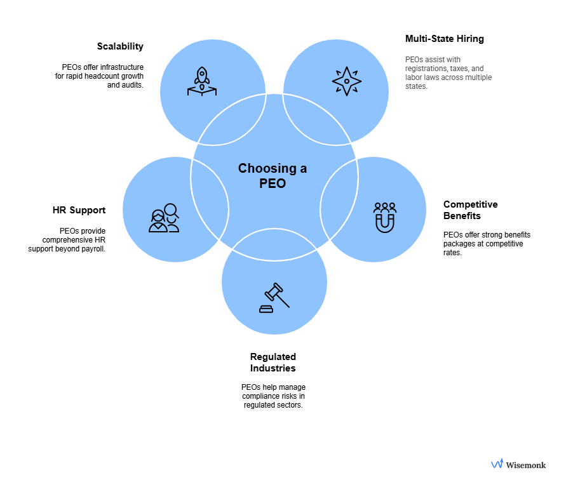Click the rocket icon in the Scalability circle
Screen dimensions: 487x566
[201, 82]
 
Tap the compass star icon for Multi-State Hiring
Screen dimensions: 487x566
[346, 81]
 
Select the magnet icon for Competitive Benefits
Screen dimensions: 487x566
[385, 217]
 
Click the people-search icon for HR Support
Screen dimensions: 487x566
[164, 217]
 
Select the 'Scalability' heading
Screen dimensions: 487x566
[120, 46]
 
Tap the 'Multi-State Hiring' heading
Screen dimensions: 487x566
[444, 39]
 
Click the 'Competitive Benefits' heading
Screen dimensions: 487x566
[470, 210]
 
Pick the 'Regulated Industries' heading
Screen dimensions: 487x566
[273, 363]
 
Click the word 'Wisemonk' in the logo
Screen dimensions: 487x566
[525, 465]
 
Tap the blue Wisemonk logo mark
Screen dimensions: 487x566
[497, 464]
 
